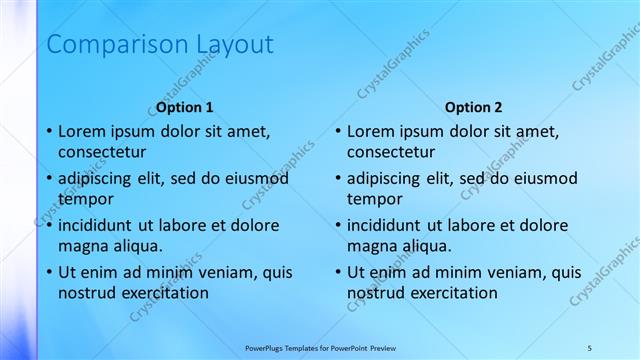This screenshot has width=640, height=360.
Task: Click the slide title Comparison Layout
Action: [160, 45]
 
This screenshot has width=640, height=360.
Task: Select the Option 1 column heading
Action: [185, 107]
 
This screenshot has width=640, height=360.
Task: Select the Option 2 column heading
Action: [474, 107]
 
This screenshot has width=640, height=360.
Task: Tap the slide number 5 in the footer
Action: [590, 347]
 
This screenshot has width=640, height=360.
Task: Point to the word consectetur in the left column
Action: [102, 152]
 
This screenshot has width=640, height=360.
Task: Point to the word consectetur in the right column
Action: [391, 152]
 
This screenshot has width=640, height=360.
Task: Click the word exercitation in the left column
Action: [164, 293]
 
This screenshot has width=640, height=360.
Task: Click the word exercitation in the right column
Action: [453, 293]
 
